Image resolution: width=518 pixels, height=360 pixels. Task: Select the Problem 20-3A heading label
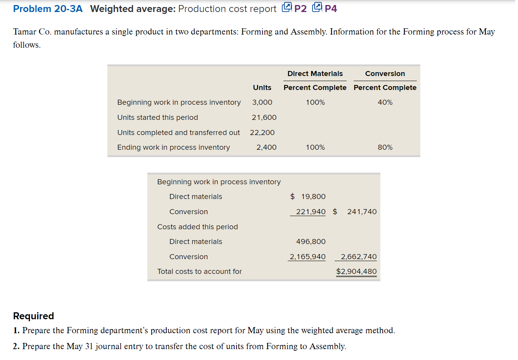pyautogui.click(x=48, y=9)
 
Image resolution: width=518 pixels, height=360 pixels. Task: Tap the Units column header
pyautogui.click(x=262, y=88)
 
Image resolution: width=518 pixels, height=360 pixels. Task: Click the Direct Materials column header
pyautogui.click(x=315, y=74)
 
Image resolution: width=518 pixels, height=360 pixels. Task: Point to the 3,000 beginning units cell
pyautogui.click(x=262, y=102)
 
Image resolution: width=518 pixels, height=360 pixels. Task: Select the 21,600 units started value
pyautogui.click(x=264, y=118)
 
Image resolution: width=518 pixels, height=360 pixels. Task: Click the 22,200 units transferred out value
pyautogui.click(x=262, y=133)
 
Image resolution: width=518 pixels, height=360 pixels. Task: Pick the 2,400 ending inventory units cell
pyautogui.click(x=266, y=147)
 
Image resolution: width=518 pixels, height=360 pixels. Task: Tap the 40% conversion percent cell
pyautogui.click(x=385, y=102)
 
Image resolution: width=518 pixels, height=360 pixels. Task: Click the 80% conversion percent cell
pyautogui.click(x=385, y=147)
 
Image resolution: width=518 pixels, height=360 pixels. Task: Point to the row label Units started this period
pyautogui.click(x=157, y=118)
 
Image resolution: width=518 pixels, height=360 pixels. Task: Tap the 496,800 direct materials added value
pyautogui.click(x=311, y=242)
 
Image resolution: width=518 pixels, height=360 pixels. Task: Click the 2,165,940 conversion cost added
pyautogui.click(x=307, y=257)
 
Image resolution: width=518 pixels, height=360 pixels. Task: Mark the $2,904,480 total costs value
pyautogui.click(x=356, y=272)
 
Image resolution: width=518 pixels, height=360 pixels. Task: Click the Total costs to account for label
pyautogui.click(x=199, y=272)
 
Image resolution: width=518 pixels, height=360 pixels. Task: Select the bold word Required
pyautogui.click(x=33, y=316)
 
